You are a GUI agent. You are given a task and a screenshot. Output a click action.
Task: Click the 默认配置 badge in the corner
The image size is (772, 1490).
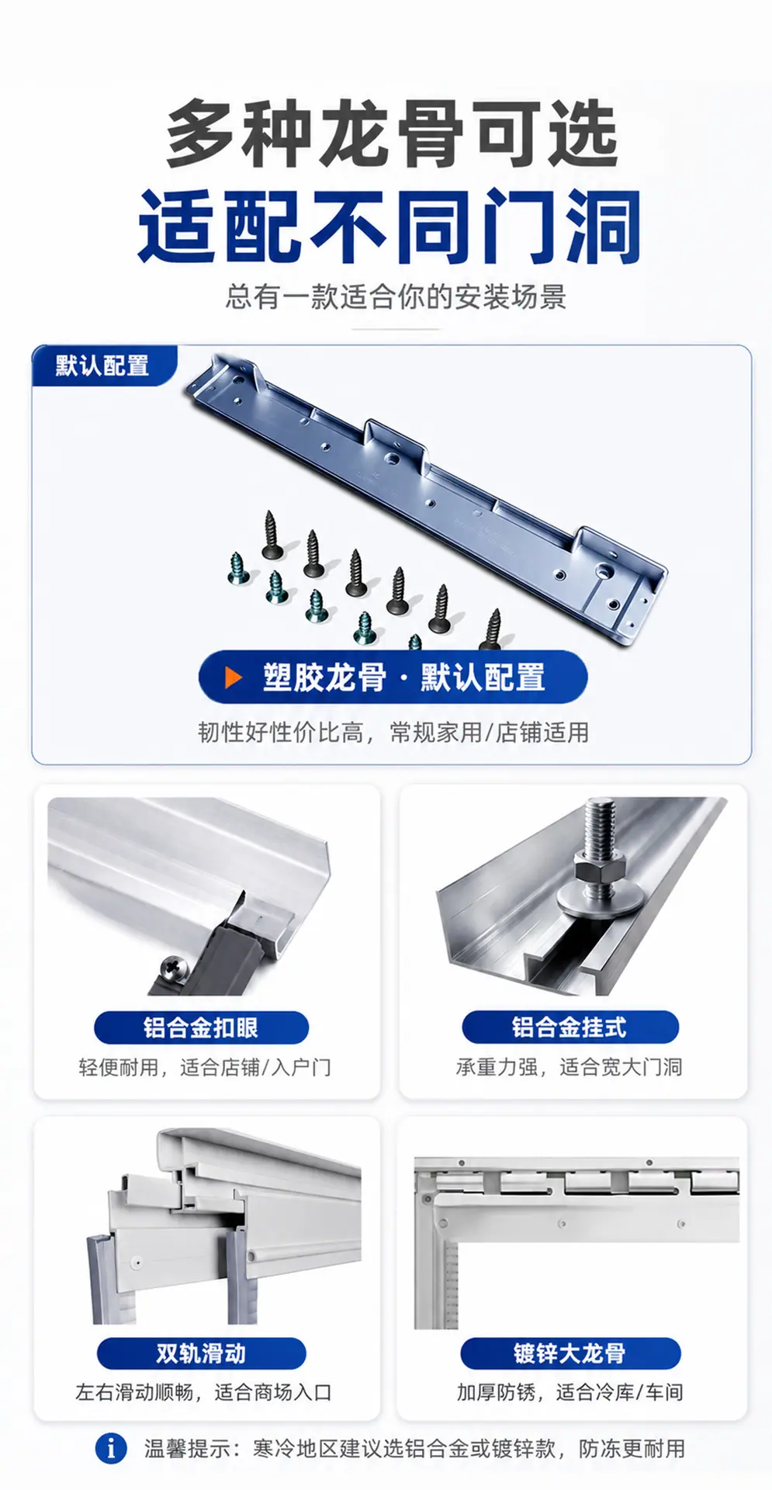click(103, 366)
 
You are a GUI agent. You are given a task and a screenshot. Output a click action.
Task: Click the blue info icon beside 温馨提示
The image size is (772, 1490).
click(111, 1447)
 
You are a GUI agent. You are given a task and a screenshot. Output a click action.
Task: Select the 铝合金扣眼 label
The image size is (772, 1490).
click(201, 1027)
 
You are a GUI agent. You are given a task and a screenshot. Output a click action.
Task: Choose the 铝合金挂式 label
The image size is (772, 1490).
click(569, 1027)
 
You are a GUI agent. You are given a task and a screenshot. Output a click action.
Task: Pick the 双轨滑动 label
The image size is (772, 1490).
click(201, 1353)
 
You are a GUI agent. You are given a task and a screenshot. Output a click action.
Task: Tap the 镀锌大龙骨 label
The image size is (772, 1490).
click(569, 1353)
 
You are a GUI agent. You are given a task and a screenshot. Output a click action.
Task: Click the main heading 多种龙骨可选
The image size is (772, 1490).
click(392, 133)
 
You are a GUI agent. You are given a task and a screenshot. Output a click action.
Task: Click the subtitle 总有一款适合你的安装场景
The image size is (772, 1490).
click(396, 296)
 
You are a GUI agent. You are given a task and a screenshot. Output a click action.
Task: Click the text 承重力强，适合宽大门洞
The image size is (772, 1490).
click(569, 1067)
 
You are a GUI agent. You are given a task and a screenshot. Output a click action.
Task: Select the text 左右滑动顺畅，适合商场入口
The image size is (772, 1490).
click(203, 1392)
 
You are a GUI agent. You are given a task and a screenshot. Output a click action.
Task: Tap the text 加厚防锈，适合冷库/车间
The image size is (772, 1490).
click(569, 1392)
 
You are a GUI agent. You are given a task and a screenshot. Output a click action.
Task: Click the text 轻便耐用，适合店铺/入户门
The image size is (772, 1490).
click(205, 1067)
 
